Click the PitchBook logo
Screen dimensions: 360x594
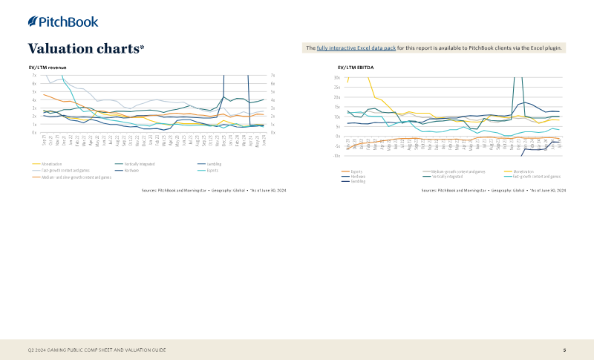[63, 22]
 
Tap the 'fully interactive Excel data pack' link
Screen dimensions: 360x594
[356, 48]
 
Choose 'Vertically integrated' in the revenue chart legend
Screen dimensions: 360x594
[139, 163]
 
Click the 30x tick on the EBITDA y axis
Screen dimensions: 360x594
[337, 78]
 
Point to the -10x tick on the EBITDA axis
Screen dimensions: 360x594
[336, 156]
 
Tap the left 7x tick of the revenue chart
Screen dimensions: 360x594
[34, 75]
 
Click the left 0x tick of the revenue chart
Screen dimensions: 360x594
[34, 133]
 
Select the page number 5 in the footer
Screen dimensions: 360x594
[564, 350]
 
